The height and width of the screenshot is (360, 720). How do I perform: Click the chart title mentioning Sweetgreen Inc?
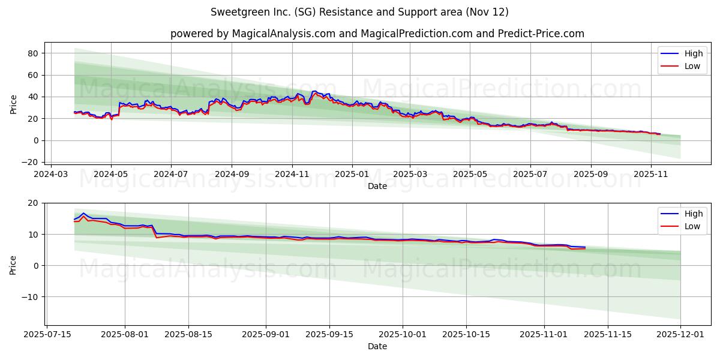[359, 12]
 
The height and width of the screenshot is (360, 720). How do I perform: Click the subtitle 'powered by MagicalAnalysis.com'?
[252, 34]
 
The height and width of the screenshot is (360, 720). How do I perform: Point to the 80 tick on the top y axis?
[33, 53]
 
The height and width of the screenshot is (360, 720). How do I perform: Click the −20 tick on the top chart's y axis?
[30, 162]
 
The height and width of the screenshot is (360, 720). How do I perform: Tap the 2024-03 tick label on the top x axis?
[50, 174]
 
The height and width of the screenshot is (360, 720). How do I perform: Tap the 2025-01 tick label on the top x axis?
[352, 174]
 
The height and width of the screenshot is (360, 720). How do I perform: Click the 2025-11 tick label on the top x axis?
[651, 174]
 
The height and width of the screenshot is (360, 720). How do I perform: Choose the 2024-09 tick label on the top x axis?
[232, 174]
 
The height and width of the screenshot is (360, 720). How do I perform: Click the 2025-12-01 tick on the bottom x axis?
[680, 334]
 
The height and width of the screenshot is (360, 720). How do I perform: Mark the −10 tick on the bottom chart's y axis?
[30, 296]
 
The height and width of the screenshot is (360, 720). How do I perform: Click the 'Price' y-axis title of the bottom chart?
[13, 265]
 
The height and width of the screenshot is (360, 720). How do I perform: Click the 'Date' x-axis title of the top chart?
[377, 186]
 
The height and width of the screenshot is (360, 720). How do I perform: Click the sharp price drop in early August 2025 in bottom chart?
[154, 232]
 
